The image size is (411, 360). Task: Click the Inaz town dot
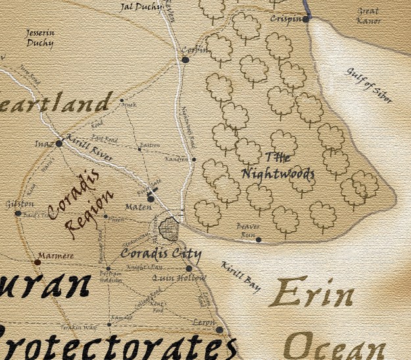point(59,143)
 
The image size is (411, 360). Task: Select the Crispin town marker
point(306,19)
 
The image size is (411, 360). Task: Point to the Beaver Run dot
point(258,240)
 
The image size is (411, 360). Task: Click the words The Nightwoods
point(278,166)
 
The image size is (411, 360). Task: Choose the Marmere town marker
point(37,262)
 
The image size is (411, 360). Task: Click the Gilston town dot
point(18,213)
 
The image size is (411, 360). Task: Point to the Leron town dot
point(220,330)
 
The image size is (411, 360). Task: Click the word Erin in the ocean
point(311,295)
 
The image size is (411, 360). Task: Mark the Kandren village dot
point(194,159)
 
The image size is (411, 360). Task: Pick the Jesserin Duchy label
point(40,38)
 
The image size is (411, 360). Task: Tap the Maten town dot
point(151,198)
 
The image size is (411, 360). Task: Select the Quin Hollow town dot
point(189,268)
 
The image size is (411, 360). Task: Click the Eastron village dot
point(139,149)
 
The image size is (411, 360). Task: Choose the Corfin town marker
point(185,60)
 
